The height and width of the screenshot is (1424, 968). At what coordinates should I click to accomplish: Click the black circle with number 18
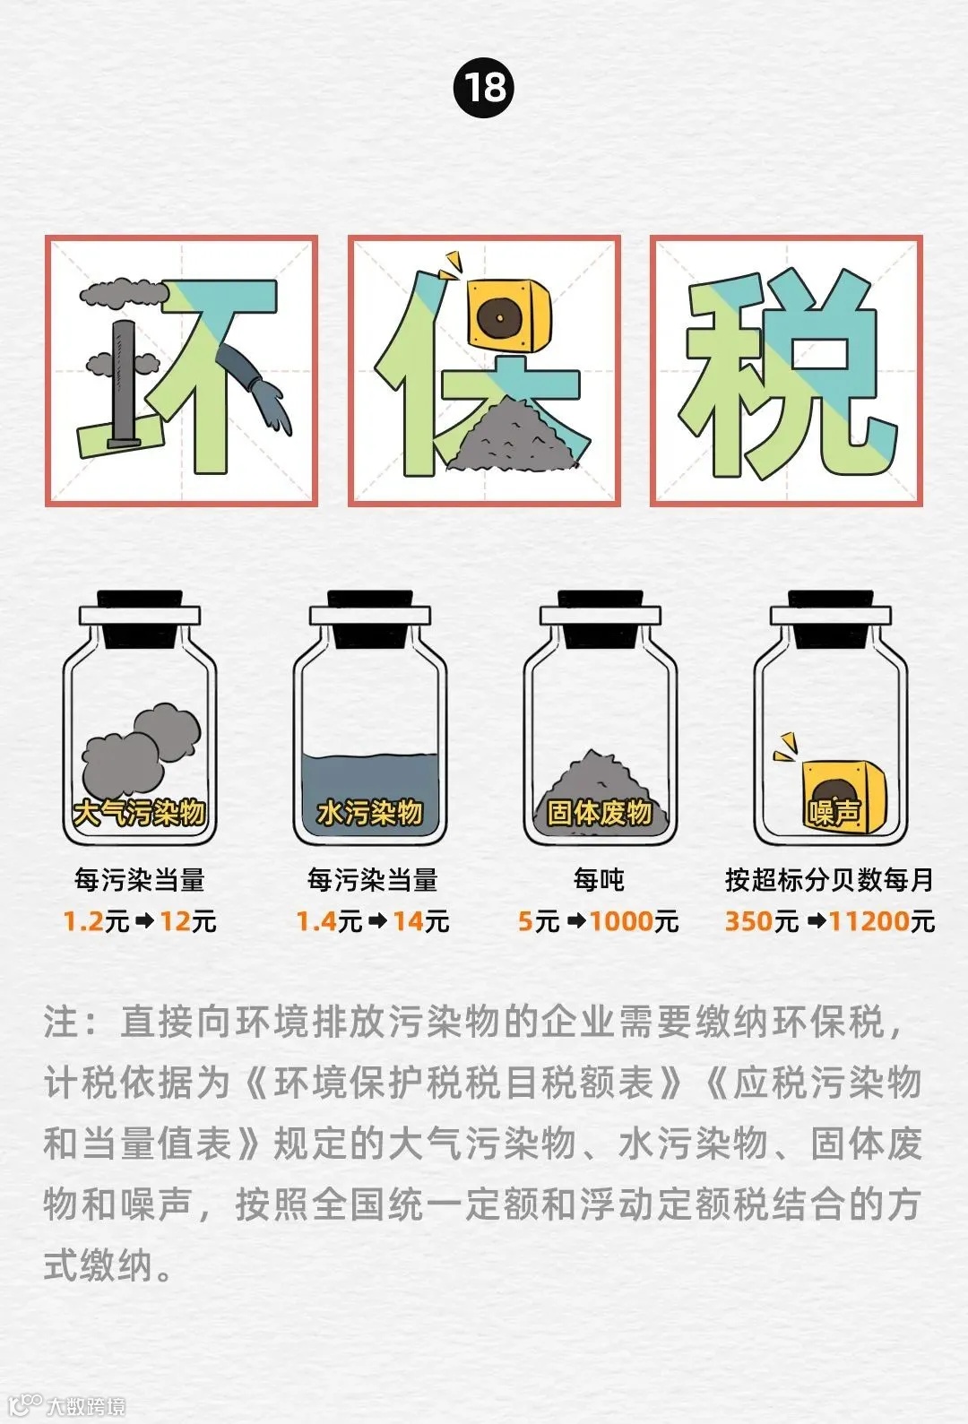(x=484, y=87)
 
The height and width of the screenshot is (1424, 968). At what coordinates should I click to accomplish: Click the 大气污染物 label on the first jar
(x=139, y=813)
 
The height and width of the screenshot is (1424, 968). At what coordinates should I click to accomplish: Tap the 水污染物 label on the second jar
(x=370, y=813)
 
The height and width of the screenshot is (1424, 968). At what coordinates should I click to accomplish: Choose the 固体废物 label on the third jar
(x=601, y=813)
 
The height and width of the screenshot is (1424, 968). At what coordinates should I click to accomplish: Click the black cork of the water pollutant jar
(x=370, y=619)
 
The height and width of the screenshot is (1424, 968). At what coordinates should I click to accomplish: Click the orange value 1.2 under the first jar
(x=83, y=921)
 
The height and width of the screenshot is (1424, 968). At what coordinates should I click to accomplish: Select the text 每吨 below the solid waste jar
(x=599, y=880)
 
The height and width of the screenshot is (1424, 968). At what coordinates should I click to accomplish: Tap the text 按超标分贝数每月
(x=829, y=880)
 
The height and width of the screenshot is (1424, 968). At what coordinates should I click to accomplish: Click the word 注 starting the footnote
(x=62, y=1023)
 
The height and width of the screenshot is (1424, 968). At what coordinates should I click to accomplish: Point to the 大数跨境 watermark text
(x=86, y=1405)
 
